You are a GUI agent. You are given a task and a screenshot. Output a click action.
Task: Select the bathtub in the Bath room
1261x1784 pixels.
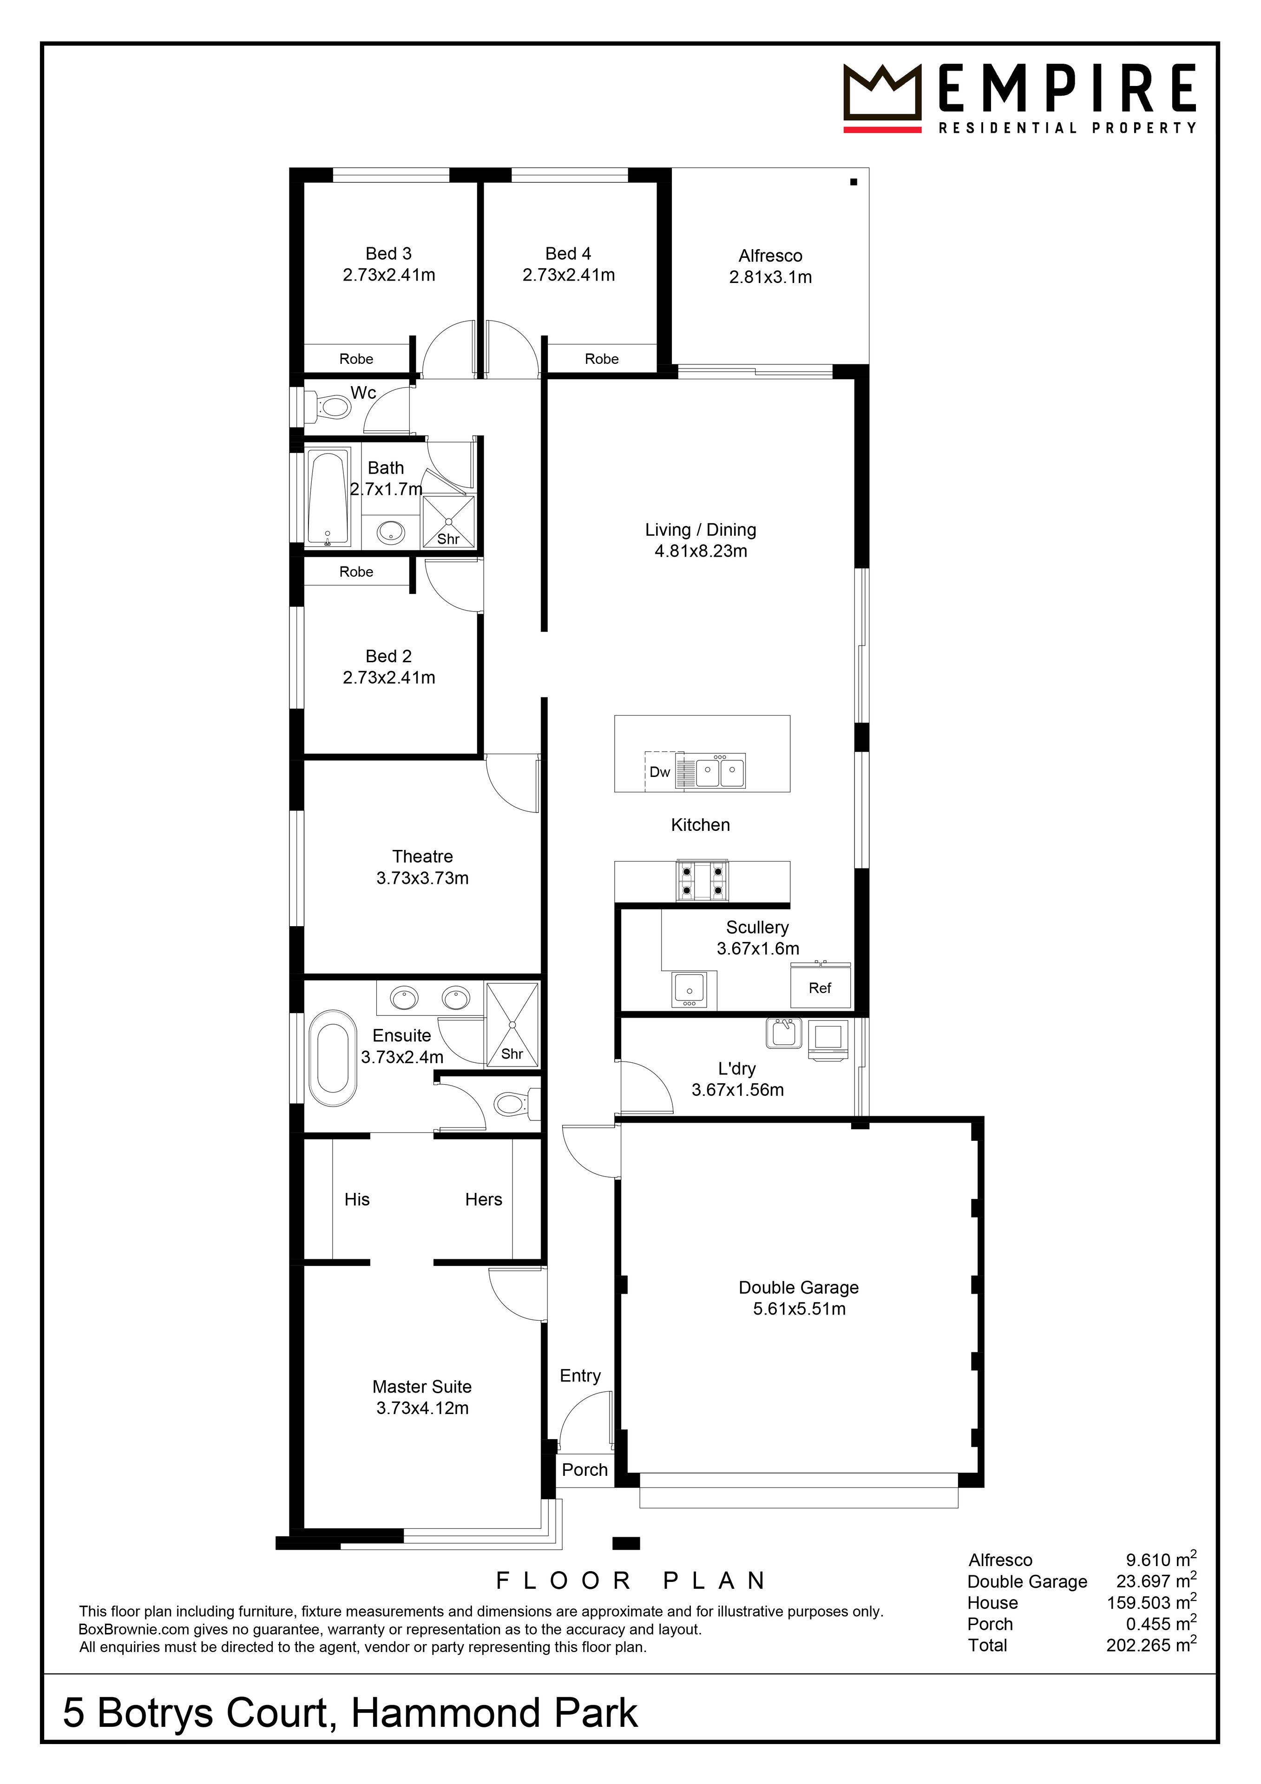coord(327,499)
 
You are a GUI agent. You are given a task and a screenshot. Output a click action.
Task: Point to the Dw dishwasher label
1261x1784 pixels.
coord(660,772)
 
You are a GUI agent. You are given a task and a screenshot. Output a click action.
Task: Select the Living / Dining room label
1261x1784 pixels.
coord(701,530)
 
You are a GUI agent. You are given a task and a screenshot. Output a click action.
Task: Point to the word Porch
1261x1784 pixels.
coord(585,1469)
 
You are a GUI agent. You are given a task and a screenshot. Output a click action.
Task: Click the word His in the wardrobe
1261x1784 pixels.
coord(357,1200)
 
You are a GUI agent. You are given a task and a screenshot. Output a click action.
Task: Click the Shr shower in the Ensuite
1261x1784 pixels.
coord(512,1024)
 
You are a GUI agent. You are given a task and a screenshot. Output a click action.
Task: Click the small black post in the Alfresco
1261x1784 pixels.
coord(853,182)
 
